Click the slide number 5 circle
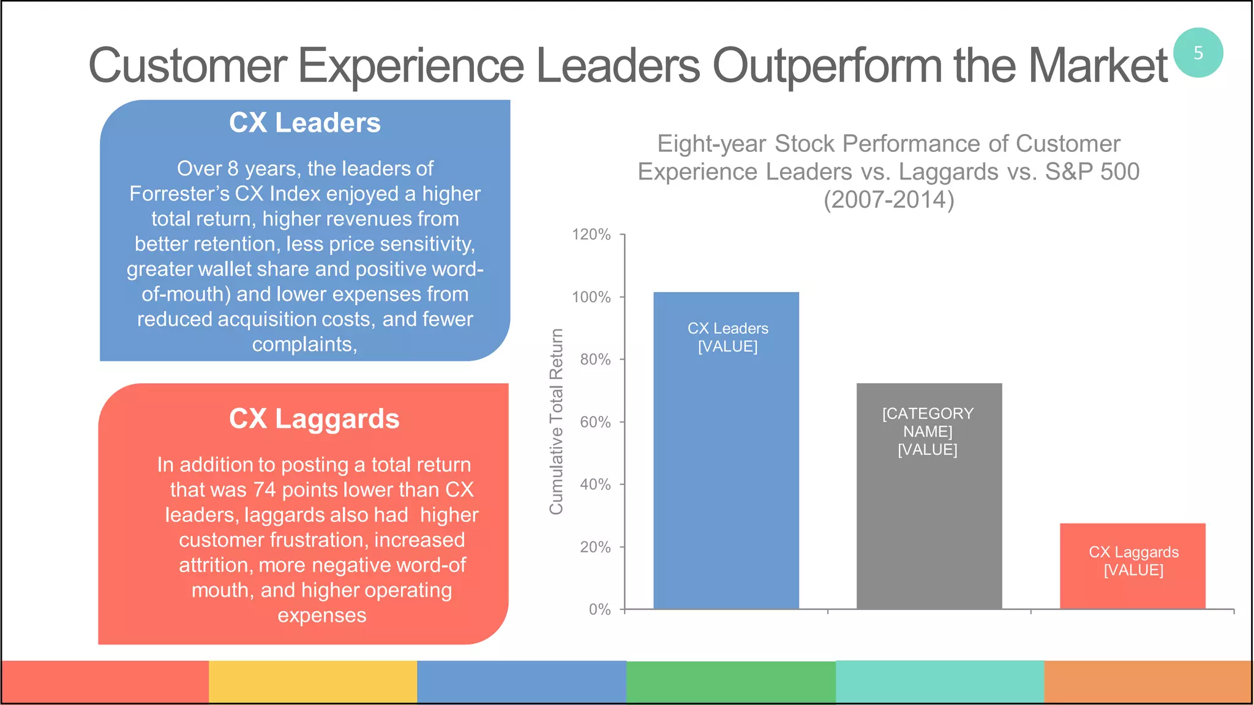point(1198,53)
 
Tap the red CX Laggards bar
point(1132,588)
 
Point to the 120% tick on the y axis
point(591,235)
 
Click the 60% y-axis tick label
point(595,422)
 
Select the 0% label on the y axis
point(599,609)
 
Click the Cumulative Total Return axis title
point(556,421)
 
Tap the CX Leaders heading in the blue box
point(304,123)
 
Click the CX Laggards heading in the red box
point(314,419)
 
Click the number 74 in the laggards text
point(265,490)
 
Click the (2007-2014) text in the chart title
point(888,200)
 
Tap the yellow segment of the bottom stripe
point(313,681)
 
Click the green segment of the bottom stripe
point(730,681)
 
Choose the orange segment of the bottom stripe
point(1147,681)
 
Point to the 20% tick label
point(595,547)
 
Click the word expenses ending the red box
point(321,616)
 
